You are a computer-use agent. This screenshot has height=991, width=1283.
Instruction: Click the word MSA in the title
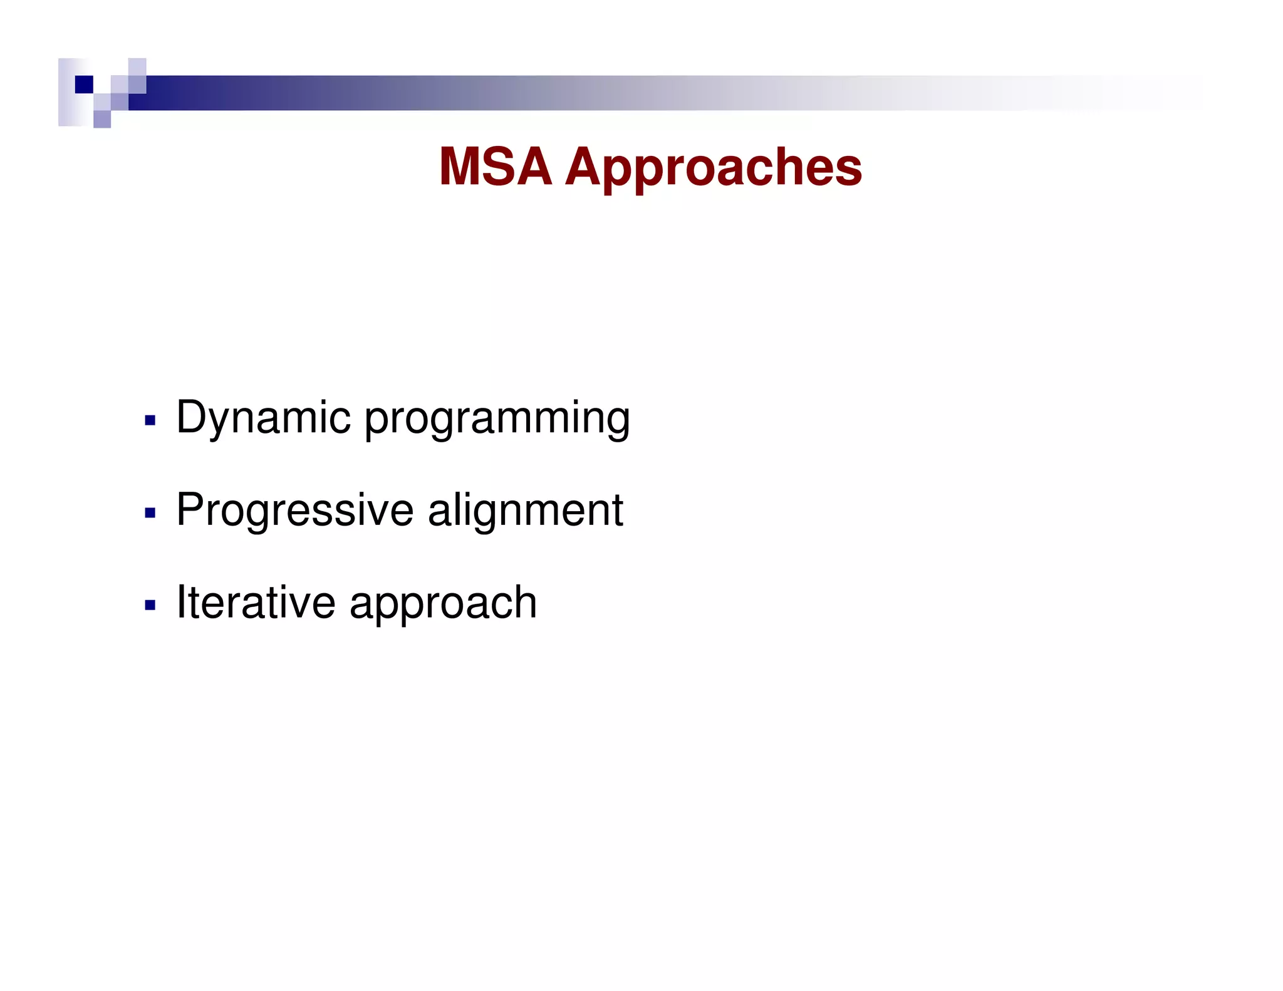(495, 167)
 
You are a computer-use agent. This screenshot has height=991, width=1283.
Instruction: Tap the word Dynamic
(263, 418)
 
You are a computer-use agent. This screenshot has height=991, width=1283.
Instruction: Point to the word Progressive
(294, 511)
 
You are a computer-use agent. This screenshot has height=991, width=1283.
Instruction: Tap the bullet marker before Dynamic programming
(150, 420)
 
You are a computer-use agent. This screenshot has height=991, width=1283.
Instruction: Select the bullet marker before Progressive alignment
(150, 513)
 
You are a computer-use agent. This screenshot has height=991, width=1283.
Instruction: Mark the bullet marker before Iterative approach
(150, 605)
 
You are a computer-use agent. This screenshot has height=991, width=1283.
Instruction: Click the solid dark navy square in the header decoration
(84, 84)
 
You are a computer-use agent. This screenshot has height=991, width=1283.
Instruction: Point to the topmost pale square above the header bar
(137, 67)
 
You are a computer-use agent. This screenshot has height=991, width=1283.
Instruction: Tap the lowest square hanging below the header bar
(102, 119)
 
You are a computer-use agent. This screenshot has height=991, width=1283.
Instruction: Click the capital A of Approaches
(588, 167)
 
